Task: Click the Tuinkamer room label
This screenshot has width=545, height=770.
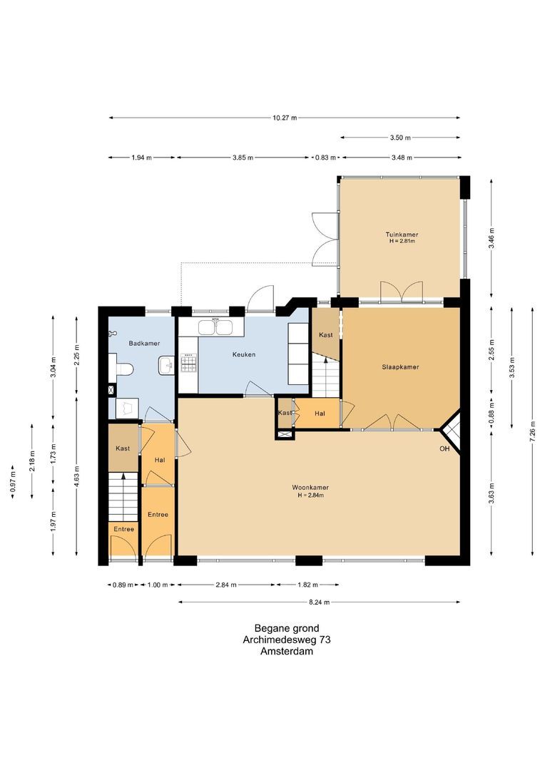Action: [x=402, y=235]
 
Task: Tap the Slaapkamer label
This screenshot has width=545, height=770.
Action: [x=400, y=367]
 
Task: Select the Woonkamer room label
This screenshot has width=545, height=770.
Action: [x=310, y=487]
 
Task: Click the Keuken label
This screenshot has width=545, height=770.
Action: [x=244, y=354]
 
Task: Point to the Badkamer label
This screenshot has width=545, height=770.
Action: [x=144, y=343]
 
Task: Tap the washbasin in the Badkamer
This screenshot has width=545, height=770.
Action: [x=166, y=365]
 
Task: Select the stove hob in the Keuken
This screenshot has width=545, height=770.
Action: [x=188, y=364]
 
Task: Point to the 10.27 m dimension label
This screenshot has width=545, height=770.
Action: [x=285, y=118]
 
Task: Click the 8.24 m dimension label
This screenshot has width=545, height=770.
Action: [x=319, y=602]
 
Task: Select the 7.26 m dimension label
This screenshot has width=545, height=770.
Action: [x=532, y=430]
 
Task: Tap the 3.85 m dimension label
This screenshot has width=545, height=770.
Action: [x=243, y=158]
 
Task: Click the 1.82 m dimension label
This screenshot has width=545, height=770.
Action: [x=307, y=585]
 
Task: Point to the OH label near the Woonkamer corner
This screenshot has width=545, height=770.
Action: [x=444, y=448]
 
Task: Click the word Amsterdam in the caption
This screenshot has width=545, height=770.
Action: [x=287, y=652]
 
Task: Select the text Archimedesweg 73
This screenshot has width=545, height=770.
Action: [x=287, y=640]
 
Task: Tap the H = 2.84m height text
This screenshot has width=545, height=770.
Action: [x=310, y=495]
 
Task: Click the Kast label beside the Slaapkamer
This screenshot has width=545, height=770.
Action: [x=326, y=335]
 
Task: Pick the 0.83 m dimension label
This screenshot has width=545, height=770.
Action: [x=325, y=158]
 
